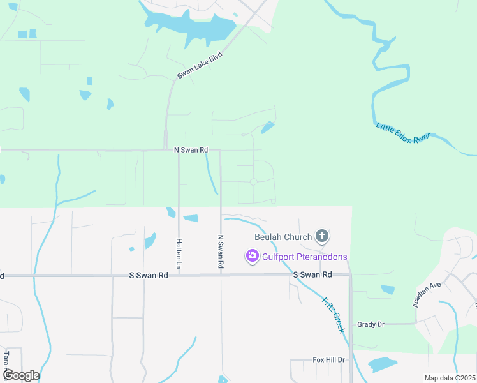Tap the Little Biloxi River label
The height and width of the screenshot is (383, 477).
pyautogui.click(x=403, y=136)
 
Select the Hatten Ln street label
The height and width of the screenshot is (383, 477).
pyautogui.click(x=179, y=253)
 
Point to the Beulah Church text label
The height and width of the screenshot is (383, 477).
pyautogui.click(x=283, y=237)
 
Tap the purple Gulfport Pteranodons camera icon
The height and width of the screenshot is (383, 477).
pyautogui.click(x=252, y=257)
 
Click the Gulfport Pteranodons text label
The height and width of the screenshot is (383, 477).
pyautogui.click(x=305, y=257)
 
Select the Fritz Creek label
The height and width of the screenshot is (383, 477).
pyautogui.click(x=333, y=313)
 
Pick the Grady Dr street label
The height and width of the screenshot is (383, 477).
pyautogui.click(x=371, y=324)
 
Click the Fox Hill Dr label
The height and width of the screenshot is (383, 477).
pyautogui.click(x=328, y=360)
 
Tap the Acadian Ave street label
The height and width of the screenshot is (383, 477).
pyautogui.click(x=427, y=294)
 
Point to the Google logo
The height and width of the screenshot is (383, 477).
pyautogui.click(x=21, y=375)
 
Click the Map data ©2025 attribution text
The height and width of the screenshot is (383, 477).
pyautogui.click(x=450, y=378)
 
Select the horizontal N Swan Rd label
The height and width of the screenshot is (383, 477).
pyautogui.click(x=191, y=150)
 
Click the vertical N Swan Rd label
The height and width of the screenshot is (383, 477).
pyautogui.click(x=221, y=251)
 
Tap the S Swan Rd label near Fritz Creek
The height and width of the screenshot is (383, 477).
pyautogui.click(x=312, y=274)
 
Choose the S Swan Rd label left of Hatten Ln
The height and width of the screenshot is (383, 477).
pyautogui.click(x=149, y=275)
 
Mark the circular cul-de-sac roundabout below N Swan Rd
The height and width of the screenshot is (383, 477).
pyautogui.click(x=253, y=182)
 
